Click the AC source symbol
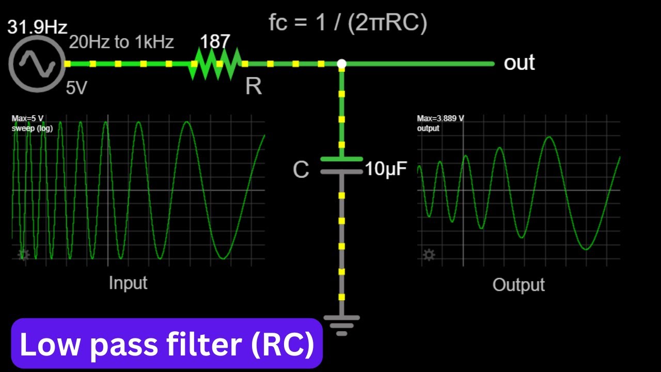point(37,64)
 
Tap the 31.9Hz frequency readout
point(37,27)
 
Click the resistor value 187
point(214,41)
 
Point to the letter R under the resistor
point(253,86)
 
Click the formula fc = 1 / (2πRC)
point(348,23)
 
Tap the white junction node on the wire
point(341,64)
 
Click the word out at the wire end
point(519,63)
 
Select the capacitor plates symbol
point(341,165)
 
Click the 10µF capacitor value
point(386,168)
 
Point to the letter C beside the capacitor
point(301,169)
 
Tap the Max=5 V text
point(28,119)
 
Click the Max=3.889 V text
point(440,119)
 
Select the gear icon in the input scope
point(24,254)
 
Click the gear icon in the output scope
point(429,254)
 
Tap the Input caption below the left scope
point(128,283)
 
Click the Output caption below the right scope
point(518,285)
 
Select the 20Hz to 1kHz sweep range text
point(121,42)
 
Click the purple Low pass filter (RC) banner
point(167,345)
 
